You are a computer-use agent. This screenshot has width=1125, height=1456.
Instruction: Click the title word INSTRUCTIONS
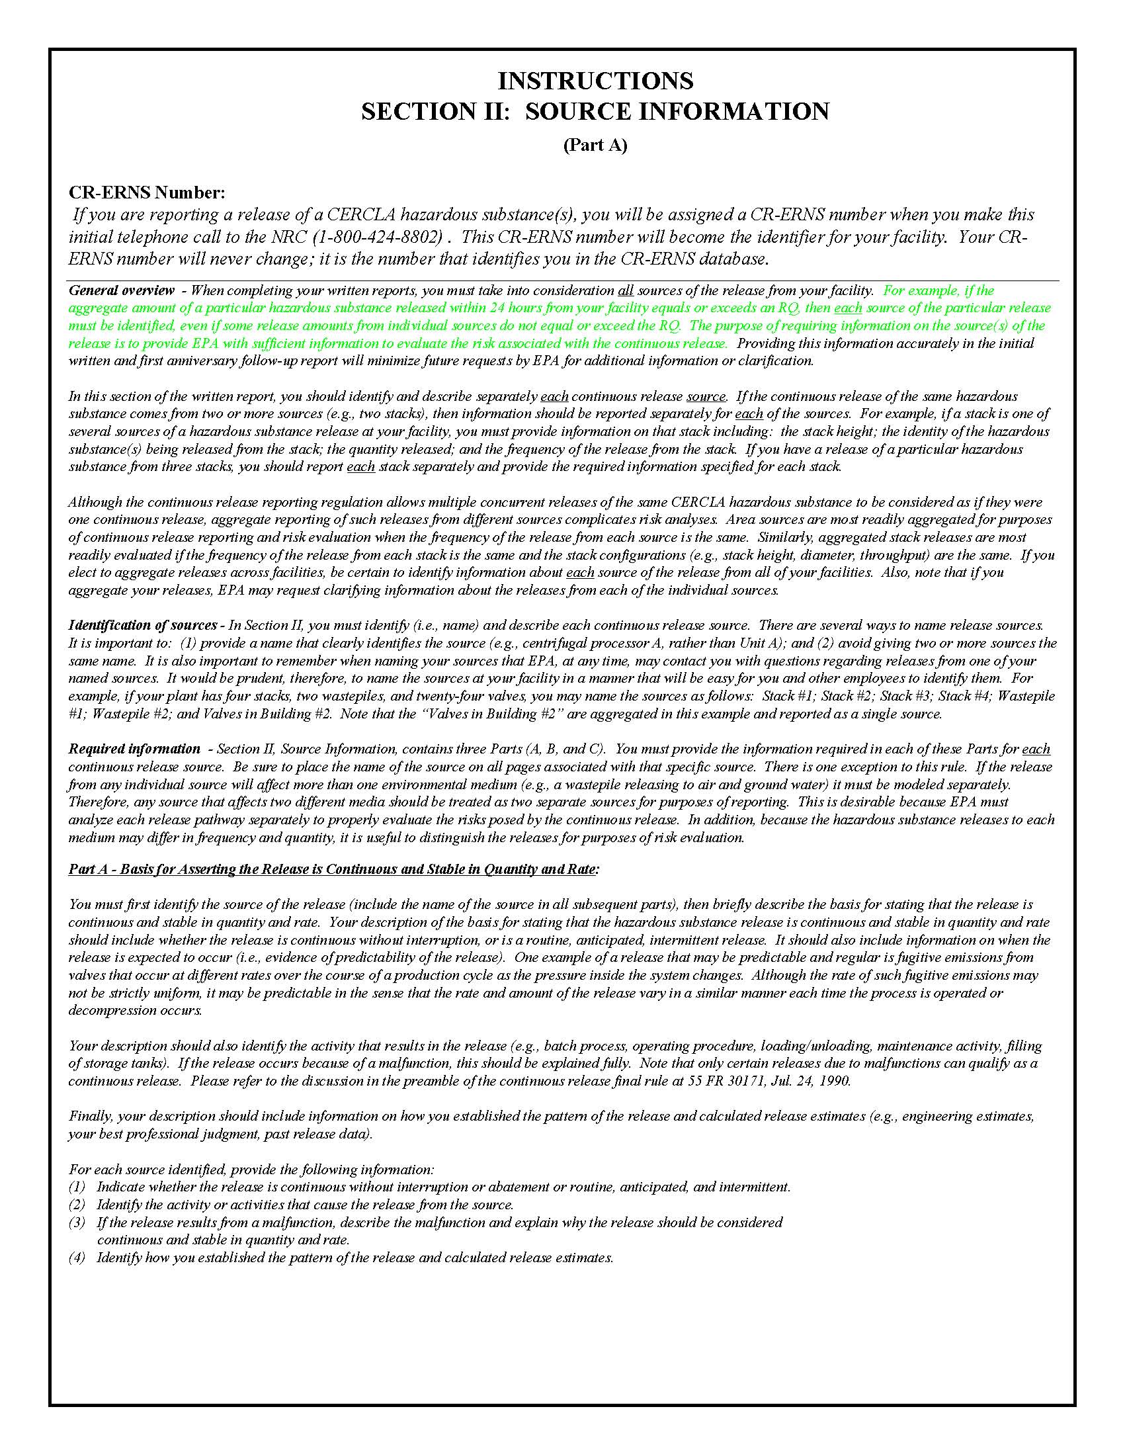click(x=595, y=81)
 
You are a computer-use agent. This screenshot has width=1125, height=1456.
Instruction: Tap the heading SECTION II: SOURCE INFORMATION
click(x=595, y=111)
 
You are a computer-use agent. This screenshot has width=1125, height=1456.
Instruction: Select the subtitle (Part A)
click(x=595, y=145)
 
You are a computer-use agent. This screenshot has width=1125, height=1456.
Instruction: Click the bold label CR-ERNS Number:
click(x=147, y=193)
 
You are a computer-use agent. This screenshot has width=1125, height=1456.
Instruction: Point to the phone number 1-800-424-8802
click(x=378, y=237)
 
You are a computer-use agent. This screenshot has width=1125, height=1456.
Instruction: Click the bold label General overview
click(x=121, y=290)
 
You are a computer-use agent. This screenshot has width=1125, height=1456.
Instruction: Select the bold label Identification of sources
click(x=143, y=625)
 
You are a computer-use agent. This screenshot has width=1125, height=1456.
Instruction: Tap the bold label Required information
click(x=134, y=749)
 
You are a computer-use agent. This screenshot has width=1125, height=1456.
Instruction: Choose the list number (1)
click(x=77, y=1187)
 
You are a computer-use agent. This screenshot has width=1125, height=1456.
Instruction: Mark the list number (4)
click(x=77, y=1258)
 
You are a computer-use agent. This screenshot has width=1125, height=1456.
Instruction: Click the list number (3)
click(x=77, y=1222)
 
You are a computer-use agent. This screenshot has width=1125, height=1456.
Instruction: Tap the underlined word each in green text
click(x=848, y=308)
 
